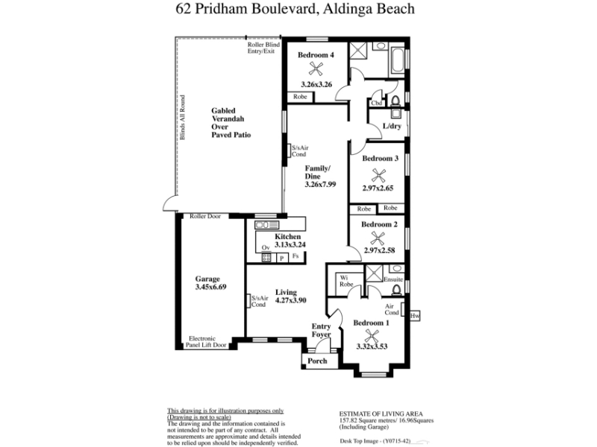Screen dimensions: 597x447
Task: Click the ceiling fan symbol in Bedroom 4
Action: pyautogui.click(x=316, y=69)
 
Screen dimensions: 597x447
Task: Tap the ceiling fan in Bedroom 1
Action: pyautogui.click(x=371, y=336)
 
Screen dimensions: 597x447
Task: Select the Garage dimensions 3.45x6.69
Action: pyautogui.click(x=210, y=287)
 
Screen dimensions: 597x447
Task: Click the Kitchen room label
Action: pyautogui.click(x=287, y=236)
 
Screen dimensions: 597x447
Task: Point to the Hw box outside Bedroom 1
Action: pyautogui.click(x=415, y=316)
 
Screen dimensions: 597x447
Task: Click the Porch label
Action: pyautogui.click(x=317, y=361)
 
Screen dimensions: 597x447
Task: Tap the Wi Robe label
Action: pyautogui.click(x=346, y=281)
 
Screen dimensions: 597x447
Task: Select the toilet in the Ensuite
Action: pyautogui.click(x=396, y=290)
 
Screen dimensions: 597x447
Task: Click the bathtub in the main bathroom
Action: pyautogui.click(x=397, y=62)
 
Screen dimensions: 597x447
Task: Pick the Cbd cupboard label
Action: pyautogui.click(x=376, y=103)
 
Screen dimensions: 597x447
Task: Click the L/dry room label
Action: pyautogui.click(x=392, y=126)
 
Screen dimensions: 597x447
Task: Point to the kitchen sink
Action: pyautogui.click(x=267, y=225)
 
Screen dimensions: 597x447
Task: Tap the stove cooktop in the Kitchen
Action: pyautogui.click(x=266, y=258)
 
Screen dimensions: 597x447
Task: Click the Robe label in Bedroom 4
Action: pyautogui.click(x=300, y=97)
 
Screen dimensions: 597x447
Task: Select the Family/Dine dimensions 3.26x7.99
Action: pyautogui.click(x=320, y=184)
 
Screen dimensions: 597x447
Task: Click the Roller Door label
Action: pyautogui.click(x=205, y=216)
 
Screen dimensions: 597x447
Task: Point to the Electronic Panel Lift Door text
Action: pyautogui.click(x=206, y=342)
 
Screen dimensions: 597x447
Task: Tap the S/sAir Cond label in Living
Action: pyautogui.click(x=260, y=301)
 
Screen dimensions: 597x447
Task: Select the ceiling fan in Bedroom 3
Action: pyautogui.click(x=378, y=176)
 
